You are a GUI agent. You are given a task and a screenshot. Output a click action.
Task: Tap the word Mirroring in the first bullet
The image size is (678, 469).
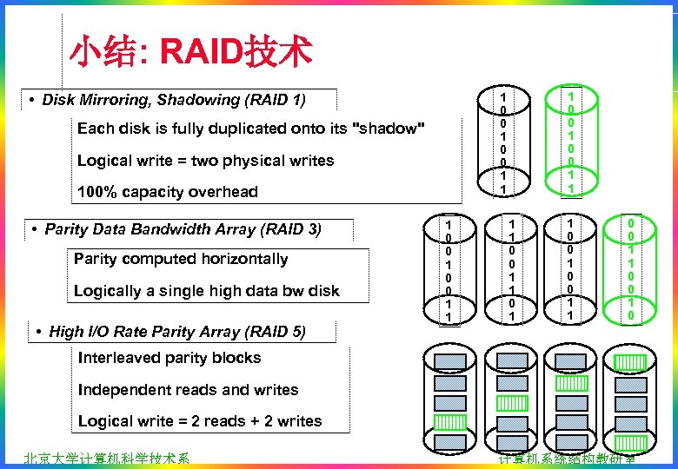pos(116,100)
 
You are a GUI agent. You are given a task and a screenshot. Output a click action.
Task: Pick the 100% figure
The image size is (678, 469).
pos(96,192)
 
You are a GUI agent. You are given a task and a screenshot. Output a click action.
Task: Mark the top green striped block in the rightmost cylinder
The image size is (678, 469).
pos(632,361)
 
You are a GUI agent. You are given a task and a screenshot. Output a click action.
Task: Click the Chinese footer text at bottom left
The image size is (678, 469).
pos(107,459)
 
